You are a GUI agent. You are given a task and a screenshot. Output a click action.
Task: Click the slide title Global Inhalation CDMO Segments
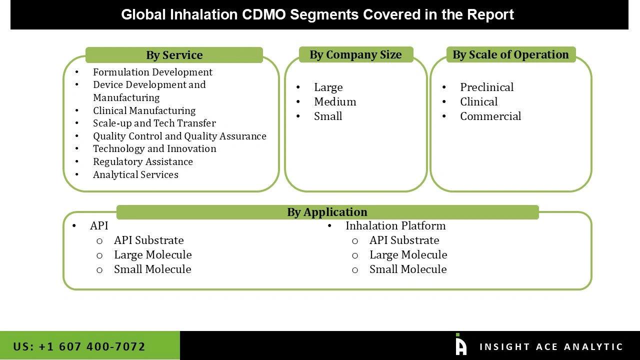317,14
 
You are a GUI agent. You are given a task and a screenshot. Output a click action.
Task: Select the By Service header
174,55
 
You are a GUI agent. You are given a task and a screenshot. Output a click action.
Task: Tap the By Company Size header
355,54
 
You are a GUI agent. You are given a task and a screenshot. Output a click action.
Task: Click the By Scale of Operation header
510,54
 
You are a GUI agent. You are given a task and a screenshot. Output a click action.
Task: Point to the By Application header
327,212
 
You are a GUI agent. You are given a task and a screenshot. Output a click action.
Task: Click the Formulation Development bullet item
152,72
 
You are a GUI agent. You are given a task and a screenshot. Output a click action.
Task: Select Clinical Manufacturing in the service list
144,110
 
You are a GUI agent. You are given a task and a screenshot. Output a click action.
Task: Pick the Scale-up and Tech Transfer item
154,123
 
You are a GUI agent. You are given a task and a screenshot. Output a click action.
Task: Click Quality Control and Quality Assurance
179,136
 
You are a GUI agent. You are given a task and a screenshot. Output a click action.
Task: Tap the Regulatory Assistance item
142,161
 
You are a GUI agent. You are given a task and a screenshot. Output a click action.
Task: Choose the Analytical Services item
135,174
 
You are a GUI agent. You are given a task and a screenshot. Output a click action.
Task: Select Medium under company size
335,101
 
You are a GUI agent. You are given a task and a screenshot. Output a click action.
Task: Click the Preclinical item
486,87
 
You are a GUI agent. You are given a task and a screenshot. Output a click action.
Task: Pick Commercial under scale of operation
490,116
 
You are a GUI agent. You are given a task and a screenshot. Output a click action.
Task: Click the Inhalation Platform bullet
395,225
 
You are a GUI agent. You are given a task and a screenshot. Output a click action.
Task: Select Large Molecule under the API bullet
152,254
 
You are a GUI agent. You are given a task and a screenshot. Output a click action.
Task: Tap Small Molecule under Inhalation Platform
407,269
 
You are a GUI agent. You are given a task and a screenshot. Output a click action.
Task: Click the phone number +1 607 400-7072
79,346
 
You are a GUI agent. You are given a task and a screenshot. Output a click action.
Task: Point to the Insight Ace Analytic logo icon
460,345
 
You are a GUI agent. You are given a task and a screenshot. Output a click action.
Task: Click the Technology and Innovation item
154,148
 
